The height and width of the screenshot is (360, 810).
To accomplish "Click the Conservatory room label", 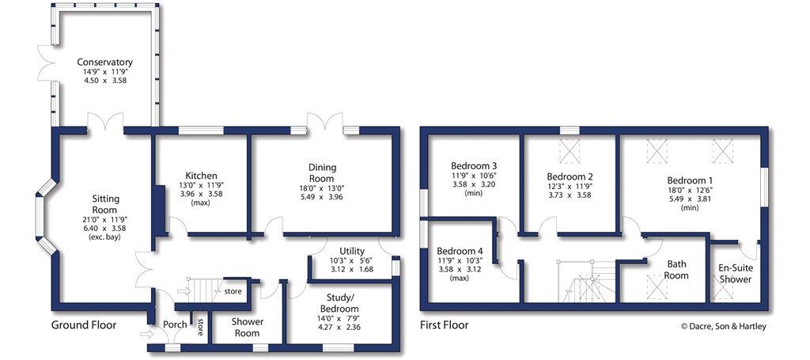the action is coord(105,62).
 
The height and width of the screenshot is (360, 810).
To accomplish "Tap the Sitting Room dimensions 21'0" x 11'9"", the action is coord(105,219).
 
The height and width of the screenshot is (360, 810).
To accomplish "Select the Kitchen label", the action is coord(202,176).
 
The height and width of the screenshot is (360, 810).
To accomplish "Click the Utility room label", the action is coord(352,252).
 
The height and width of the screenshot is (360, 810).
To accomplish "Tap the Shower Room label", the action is coord(248,327).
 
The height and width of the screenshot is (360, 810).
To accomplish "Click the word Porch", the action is coord(175,325).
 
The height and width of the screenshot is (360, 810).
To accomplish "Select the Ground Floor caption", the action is coord(84,325).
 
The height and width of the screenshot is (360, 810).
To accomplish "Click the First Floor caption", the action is coord(445,325).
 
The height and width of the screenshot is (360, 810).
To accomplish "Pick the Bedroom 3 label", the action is coord(474,166).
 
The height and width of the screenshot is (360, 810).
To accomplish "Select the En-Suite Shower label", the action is coord(736,274).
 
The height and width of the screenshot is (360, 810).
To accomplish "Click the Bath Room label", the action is coord(676,271).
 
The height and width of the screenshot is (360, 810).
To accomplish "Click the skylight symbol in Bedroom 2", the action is coord(570,151).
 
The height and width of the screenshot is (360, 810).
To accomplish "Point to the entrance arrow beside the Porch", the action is coord(147,334).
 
